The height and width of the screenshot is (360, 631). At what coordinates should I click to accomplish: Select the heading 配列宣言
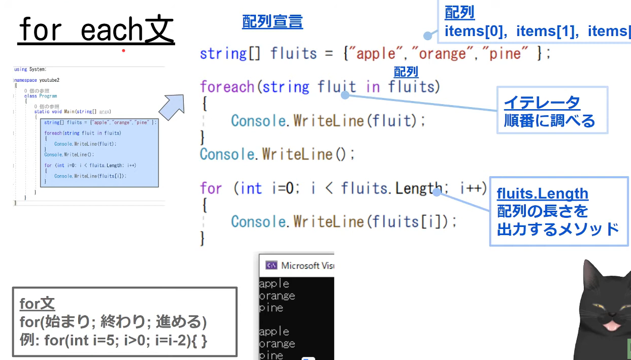click(x=272, y=21)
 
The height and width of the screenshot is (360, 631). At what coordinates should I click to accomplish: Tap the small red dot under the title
click(x=123, y=51)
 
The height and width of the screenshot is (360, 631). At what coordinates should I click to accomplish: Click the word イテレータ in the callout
click(x=542, y=103)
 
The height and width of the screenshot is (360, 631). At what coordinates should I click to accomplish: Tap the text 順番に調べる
click(x=549, y=121)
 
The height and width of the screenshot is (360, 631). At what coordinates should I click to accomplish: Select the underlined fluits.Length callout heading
click(x=542, y=193)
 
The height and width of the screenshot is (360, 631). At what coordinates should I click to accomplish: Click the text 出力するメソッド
click(x=558, y=229)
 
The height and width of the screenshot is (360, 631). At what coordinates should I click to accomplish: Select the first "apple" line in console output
click(x=274, y=284)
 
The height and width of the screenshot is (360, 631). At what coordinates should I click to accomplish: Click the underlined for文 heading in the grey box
click(x=37, y=304)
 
